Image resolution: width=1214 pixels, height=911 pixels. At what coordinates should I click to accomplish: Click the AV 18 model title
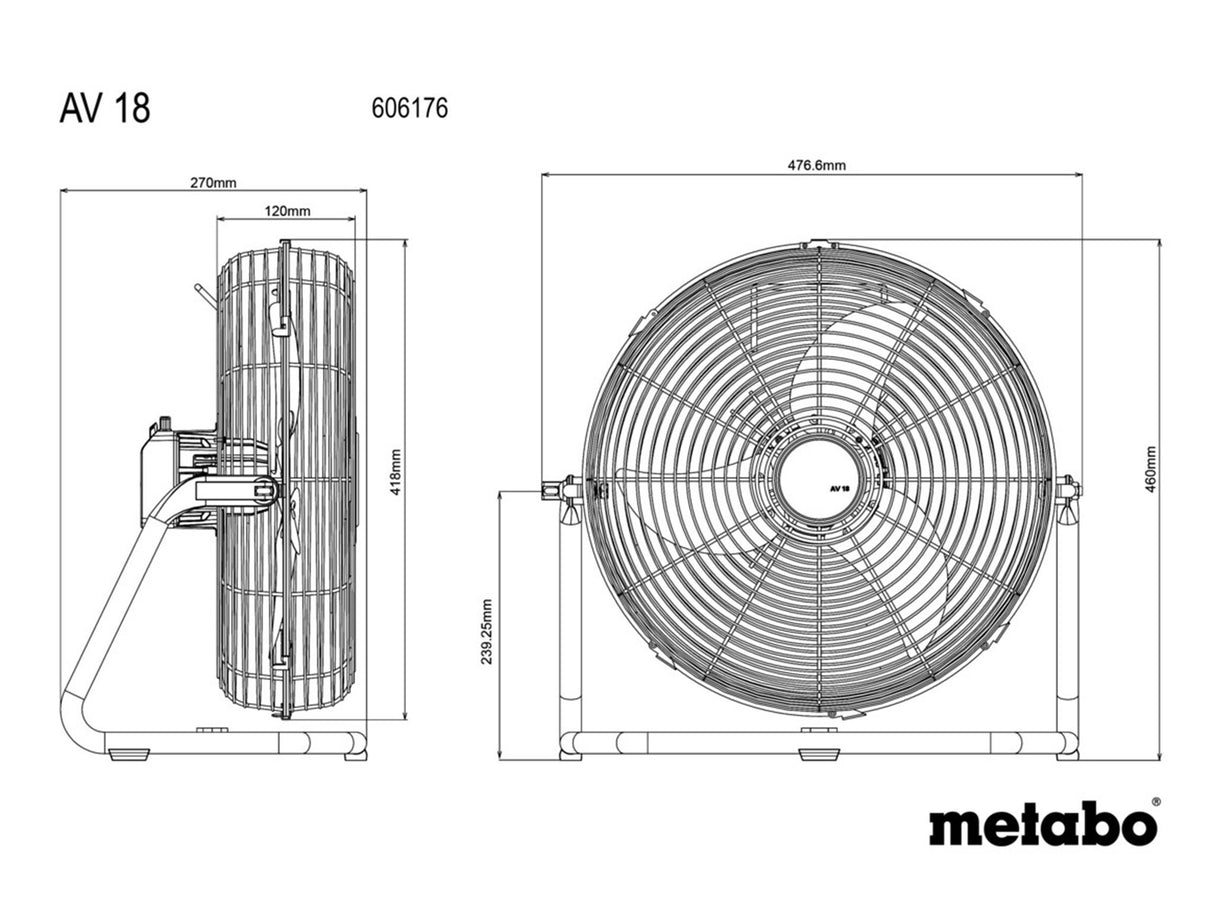coord(104,109)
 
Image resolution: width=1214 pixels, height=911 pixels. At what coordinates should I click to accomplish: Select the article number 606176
coord(409,108)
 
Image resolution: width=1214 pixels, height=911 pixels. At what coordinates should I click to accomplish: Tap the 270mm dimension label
coord(213,183)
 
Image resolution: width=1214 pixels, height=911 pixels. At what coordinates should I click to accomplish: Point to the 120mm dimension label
coord(287,211)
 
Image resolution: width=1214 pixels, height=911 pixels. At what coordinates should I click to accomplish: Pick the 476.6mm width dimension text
coord(816,166)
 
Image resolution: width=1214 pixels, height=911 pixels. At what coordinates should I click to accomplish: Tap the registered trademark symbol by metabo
coord(1156,802)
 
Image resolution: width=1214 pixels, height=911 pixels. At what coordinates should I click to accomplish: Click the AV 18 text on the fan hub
coord(838,489)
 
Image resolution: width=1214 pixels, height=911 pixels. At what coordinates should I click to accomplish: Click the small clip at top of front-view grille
coord(818,243)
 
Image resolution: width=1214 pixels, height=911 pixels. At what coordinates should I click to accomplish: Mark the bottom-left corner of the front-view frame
coord(570,744)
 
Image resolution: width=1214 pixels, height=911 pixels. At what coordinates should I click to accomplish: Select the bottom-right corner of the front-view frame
coord(1067,744)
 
